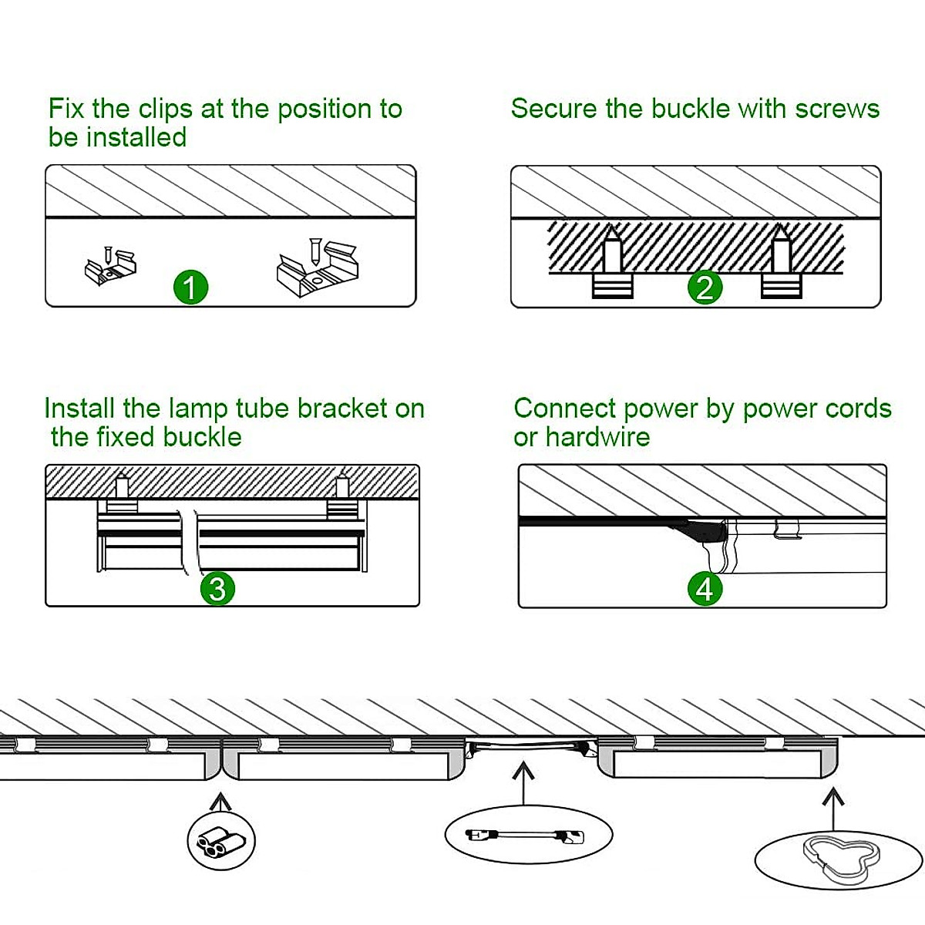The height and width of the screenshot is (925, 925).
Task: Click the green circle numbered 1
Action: pos(190,288)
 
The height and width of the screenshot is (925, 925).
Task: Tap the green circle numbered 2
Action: pos(705,288)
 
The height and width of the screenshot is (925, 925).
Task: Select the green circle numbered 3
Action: pos(217,589)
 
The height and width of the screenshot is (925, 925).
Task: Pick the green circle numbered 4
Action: pos(705,589)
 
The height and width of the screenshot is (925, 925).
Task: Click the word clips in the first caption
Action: pos(164,109)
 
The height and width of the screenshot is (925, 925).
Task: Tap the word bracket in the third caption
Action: pos(342,409)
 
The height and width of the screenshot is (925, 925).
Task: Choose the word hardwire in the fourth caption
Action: pos(597,437)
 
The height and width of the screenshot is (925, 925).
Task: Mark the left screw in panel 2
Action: pos(613,262)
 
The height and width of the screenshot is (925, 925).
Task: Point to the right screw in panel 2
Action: pos(782,262)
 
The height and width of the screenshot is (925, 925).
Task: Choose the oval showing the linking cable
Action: pos(528,835)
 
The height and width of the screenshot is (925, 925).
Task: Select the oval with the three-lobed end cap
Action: pos(838,856)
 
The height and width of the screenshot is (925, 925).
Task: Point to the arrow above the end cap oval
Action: pos(832,806)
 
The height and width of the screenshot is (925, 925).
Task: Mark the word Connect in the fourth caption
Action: pos(565,409)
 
